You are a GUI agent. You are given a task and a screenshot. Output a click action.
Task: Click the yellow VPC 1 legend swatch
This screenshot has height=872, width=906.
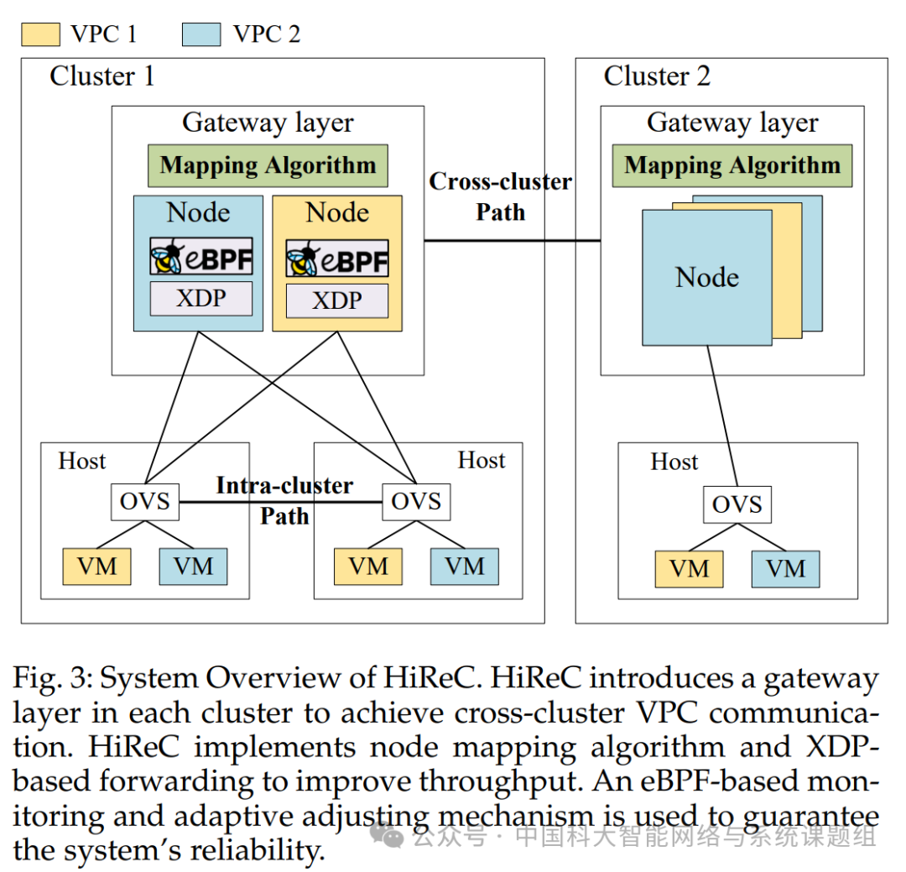click(x=40, y=34)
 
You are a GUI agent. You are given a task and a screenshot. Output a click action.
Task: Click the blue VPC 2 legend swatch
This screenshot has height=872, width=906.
click(x=201, y=34)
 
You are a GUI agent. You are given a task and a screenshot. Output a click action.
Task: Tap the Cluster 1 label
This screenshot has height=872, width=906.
click(x=102, y=76)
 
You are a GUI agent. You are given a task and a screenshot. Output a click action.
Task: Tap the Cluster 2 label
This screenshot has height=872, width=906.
click(x=657, y=76)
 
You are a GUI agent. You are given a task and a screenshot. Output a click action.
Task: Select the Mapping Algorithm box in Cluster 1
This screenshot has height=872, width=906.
click(x=268, y=165)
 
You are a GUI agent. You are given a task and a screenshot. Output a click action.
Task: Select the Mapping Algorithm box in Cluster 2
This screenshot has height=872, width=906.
click(x=732, y=165)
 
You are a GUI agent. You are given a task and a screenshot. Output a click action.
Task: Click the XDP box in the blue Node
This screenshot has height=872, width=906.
click(x=201, y=299)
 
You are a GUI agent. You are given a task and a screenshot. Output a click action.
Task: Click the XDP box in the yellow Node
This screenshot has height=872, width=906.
click(x=337, y=300)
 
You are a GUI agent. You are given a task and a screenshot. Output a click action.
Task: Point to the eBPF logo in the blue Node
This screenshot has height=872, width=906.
click(x=201, y=257)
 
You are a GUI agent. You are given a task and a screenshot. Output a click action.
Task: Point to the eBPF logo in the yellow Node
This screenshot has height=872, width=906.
click(x=337, y=258)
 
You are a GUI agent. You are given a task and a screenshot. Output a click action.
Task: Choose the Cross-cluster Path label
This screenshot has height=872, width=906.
click(x=501, y=196)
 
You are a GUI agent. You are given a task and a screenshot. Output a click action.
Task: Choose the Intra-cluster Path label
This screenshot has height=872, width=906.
click(x=284, y=500)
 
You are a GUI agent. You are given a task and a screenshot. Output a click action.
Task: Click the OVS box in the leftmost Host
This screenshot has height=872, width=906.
click(x=145, y=502)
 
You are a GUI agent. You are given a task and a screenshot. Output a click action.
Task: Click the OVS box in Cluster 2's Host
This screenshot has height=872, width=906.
click(x=737, y=504)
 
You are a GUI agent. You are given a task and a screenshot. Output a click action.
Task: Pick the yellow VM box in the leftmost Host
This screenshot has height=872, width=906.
click(x=96, y=567)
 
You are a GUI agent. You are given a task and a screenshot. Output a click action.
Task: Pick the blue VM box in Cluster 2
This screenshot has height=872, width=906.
click(x=785, y=569)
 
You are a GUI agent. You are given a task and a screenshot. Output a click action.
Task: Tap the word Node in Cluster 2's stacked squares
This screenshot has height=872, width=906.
click(x=707, y=278)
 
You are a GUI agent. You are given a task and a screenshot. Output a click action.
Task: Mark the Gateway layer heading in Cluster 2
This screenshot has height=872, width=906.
click(x=732, y=123)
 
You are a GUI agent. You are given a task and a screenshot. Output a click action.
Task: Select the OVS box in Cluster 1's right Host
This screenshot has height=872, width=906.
click(x=416, y=502)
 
